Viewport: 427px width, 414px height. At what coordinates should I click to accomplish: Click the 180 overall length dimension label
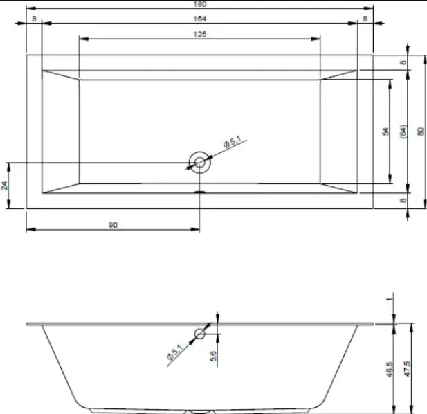[200, 4]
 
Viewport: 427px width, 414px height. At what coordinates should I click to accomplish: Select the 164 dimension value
[200, 19]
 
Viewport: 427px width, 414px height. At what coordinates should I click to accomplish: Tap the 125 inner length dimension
[200, 35]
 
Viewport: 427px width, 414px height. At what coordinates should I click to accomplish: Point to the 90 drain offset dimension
[113, 225]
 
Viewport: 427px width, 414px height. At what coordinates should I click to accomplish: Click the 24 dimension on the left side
[4, 186]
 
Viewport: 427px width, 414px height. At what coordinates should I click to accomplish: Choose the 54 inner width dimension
[385, 132]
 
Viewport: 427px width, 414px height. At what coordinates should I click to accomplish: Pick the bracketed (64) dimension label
[403, 132]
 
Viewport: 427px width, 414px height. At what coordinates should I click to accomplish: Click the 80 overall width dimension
[421, 132]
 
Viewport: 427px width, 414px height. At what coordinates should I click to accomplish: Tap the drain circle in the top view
[199, 163]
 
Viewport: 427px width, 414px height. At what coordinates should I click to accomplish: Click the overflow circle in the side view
[199, 334]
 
